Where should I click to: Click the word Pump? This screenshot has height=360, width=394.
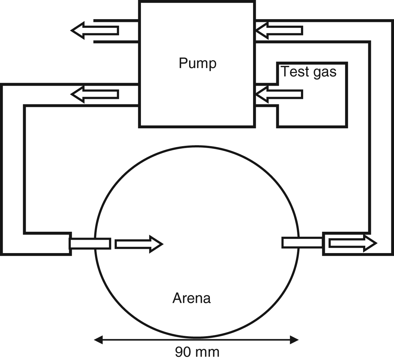198,63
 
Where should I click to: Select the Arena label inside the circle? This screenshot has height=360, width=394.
191,298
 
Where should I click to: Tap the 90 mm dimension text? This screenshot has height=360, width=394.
197,352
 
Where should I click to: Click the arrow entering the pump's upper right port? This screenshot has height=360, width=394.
279,30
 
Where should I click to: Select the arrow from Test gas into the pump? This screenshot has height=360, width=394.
279,94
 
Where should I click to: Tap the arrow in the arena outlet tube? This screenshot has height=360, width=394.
353,243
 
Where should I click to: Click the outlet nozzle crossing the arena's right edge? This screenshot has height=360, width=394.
302,243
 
